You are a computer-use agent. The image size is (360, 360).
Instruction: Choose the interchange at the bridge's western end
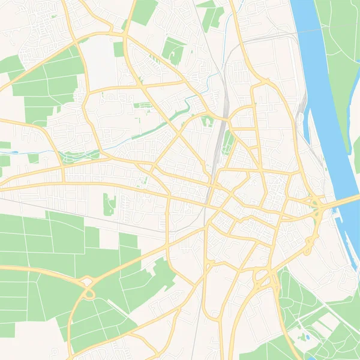tap(316, 205)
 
